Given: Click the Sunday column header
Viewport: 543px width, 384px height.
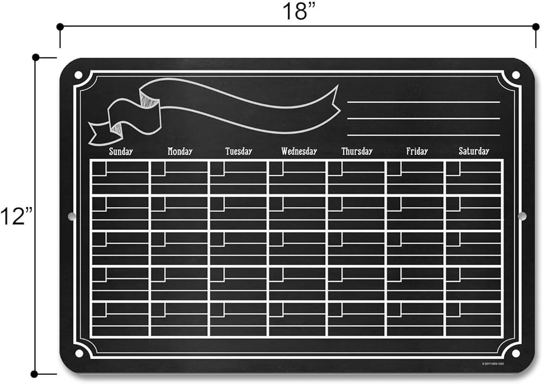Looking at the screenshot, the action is pos(121,152).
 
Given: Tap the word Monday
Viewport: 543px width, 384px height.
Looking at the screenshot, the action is pos(180,152).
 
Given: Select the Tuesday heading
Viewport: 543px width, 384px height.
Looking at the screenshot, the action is pos(239,152).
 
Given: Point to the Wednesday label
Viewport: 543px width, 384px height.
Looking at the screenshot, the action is pos(299,152).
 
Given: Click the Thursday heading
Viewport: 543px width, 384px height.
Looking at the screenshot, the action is pos(357,152).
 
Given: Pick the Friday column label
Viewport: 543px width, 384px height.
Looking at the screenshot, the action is pos(417,152).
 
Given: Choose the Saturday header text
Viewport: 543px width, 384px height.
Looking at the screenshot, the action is pos(473,152).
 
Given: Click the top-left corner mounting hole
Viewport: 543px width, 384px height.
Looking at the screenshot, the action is pos(78,74).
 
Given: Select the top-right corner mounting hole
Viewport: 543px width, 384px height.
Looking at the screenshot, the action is pos(515,75).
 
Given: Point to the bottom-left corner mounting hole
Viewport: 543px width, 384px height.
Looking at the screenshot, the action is pos(79,354).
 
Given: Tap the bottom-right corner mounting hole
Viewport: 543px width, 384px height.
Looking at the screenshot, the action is pos(514,354).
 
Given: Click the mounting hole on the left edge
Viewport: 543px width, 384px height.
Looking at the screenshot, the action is pos(71,216).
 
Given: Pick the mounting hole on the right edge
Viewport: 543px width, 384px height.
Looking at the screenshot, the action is pos(522,216).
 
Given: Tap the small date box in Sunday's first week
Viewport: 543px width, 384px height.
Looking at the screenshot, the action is pos(99,169).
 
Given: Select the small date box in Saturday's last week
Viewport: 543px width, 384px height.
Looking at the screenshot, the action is pos(453,310).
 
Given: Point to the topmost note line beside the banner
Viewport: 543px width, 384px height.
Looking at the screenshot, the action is pos(423,102).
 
